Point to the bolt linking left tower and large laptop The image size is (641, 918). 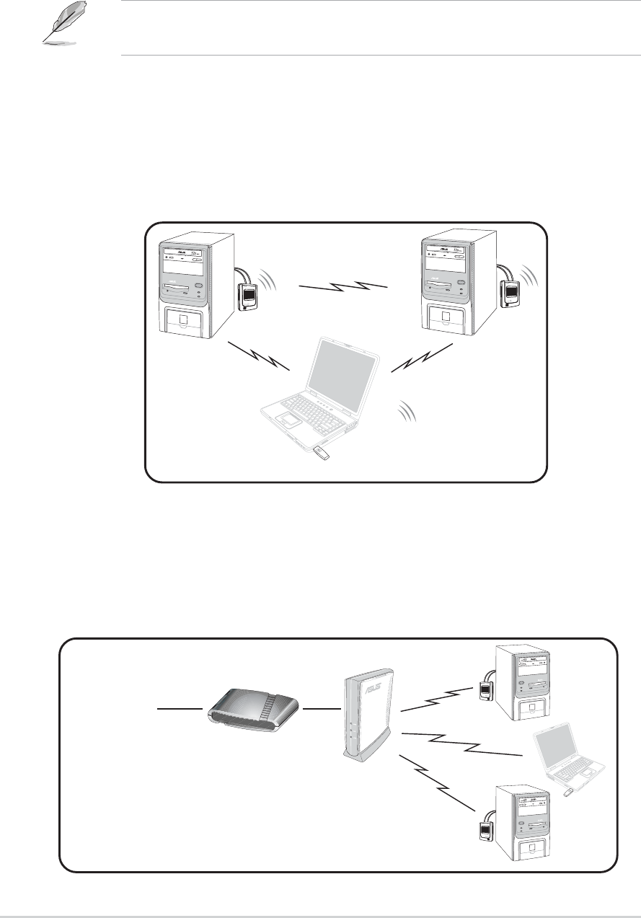pyautogui.click(x=259, y=356)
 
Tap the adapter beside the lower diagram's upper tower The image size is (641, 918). pyautogui.click(x=486, y=693)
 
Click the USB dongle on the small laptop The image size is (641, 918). pyautogui.click(x=568, y=793)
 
